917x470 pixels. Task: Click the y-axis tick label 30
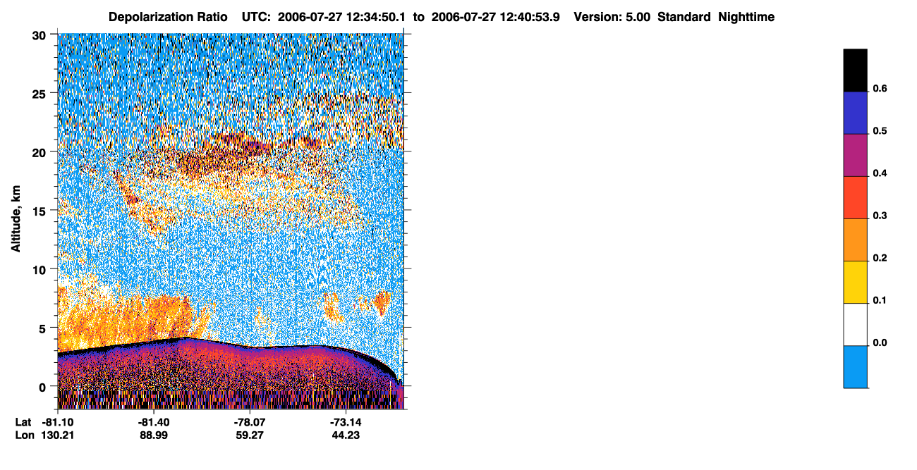(x=39, y=36)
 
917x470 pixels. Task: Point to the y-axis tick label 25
(x=39, y=94)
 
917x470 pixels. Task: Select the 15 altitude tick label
(x=39, y=212)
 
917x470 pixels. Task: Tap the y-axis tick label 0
(x=42, y=388)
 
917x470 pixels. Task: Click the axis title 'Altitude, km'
(x=16, y=219)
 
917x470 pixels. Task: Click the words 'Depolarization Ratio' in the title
(x=168, y=17)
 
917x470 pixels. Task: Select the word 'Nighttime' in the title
(x=746, y=17)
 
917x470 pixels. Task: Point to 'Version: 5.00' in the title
(x=612, y=17)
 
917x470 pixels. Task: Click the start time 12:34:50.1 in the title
(x=376, y=17)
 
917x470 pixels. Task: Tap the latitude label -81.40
(x=154, y=422)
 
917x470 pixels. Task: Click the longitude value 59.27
(x=250, y=435)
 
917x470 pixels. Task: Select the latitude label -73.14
(x=346, y=422)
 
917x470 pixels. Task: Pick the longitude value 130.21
(x=58, y=435)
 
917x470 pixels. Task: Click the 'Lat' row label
(x=23, y=422)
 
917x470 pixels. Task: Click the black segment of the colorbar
(x=855, y=70)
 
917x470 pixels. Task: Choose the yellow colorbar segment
(x=855, y=283)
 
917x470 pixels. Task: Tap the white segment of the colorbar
(x=855, y=325)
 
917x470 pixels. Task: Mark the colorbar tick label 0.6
(x=880, y=88)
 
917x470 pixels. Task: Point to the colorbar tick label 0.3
(x=880, y=216)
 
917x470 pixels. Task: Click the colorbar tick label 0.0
(x=880, y=342)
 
